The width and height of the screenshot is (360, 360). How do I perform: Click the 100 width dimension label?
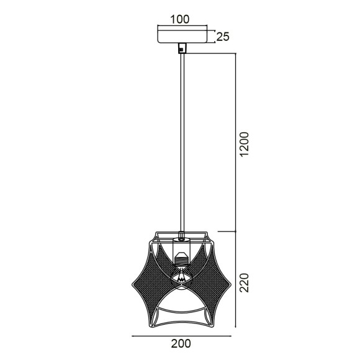pos(180,19)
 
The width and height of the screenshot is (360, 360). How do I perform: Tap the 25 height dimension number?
pos(222,37)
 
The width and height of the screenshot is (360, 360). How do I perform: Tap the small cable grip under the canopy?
pos(181,47)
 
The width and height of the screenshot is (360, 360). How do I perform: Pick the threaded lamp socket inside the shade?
pos(181,257)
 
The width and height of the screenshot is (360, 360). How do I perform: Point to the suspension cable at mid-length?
pos(181,143)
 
